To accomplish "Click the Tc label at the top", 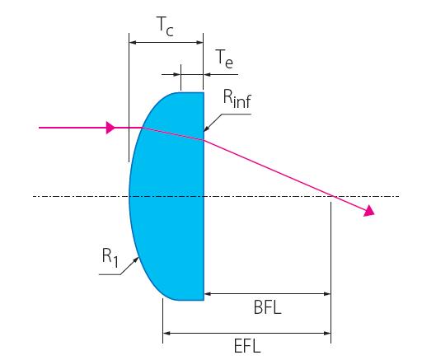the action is click(165, 27).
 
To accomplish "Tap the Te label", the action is click(224, 59).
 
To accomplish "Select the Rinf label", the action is click(237, 99).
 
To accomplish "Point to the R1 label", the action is click(110, 257).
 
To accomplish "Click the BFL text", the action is click(268, 307).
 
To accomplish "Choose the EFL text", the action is click(247, 346).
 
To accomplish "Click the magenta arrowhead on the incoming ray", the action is click(110, 128).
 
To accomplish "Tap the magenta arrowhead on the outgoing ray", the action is click(369, 210).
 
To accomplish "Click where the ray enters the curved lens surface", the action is click(143, 128).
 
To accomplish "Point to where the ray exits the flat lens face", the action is click(204, 140).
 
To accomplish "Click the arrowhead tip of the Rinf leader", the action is click(204, 131).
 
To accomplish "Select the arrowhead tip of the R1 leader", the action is click(138, 257).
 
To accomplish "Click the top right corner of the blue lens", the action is click(204, 92).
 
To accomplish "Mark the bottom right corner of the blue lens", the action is click(204, 300).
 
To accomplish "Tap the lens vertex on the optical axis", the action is click(129, 197).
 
